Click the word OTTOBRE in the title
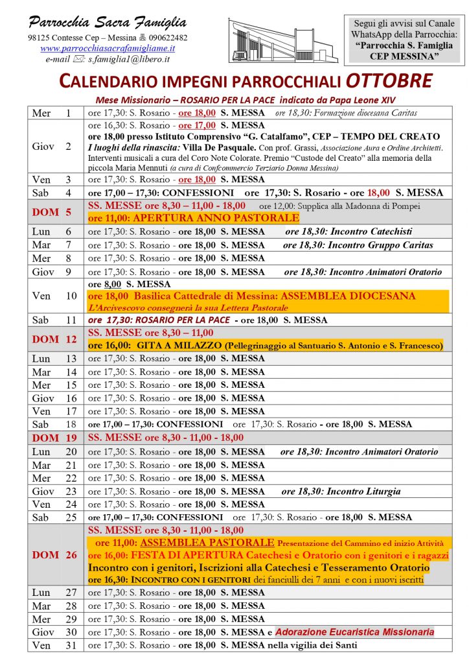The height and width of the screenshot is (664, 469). (x=388, y=82)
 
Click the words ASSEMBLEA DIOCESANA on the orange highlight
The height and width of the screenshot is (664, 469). (x=347, y=296)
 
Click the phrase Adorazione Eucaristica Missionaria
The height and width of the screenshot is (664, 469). (x=354, y=632)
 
